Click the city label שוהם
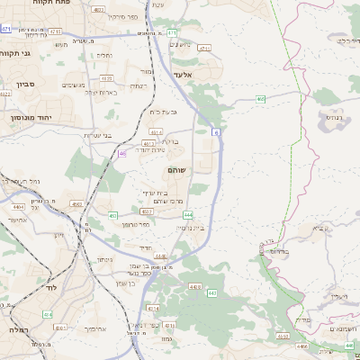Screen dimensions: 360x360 point(176,170)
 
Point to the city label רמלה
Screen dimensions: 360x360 point(15,330)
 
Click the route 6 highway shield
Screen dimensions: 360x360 point(216,132)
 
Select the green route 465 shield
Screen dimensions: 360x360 point(260,99)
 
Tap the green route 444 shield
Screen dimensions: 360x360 point(188,215)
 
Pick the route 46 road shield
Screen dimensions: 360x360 point(122,154)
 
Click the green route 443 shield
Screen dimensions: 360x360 point(212,293)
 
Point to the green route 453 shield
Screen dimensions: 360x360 point(113,216)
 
